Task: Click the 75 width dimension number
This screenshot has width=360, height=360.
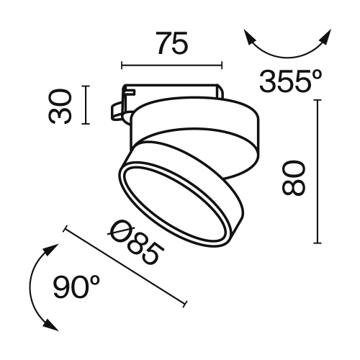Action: pos(172,45)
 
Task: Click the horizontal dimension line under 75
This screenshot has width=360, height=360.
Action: pos(172,66)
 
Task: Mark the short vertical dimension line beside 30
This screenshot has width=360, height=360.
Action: pos(86,105)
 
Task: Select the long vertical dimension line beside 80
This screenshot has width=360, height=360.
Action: pos(318,173)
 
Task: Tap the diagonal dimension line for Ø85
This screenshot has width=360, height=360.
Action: pos(126,267)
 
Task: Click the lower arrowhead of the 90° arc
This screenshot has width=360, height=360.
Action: pos(51,326)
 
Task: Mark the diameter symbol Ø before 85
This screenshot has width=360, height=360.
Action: pos(120,233)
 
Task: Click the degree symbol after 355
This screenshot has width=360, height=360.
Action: pos(316,74)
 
